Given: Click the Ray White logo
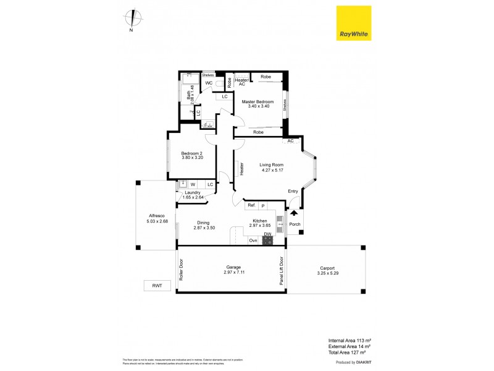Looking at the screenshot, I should (x=353, y=24).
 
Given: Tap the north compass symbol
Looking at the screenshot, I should (x=131, y=19).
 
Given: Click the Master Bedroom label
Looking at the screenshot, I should (x=257, y=101).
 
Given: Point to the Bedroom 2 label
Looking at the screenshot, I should (x=192, y=153).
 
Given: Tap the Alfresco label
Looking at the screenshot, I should (x=157, y=216).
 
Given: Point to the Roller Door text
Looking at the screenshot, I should (x=182, y=269).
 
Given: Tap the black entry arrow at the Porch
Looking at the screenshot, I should (x=293, y=213).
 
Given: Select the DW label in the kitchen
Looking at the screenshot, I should (x=267, y=234).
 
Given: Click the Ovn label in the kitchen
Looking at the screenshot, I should (x=253, y=241).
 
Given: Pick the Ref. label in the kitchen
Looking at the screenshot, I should (x=251, y=205).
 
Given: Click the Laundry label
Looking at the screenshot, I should (x=193, y=192).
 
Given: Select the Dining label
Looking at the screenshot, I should (x=203, y=223).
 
